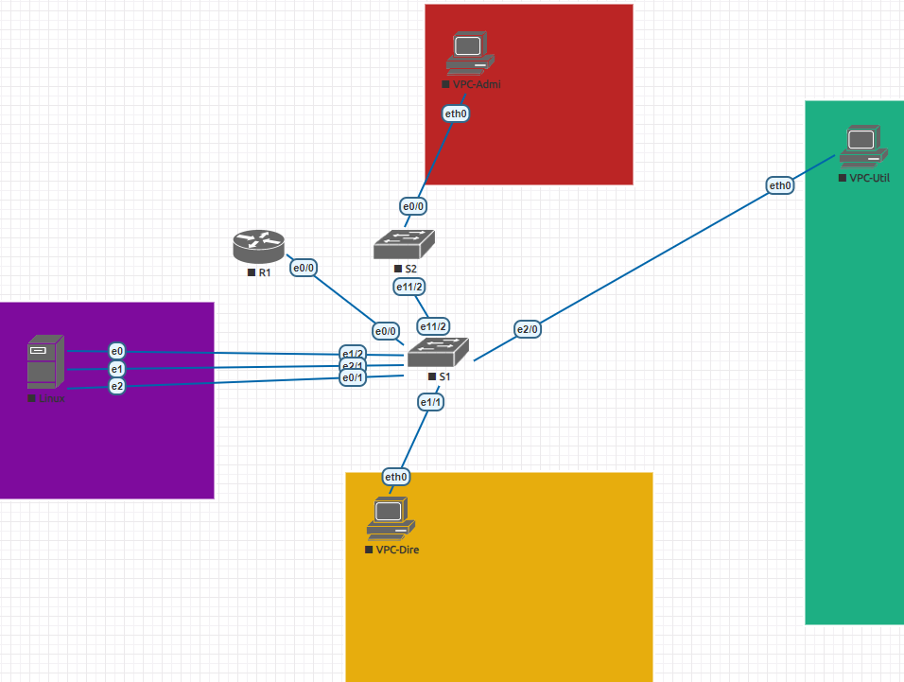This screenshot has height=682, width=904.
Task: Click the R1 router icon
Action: pos(258,247)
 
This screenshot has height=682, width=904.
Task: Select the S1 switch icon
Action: pos(438,354)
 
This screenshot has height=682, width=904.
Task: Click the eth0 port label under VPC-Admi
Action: pos(456,114)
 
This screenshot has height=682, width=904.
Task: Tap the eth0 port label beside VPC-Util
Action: pos(780,185)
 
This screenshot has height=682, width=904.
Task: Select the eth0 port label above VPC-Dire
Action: pos(395,476)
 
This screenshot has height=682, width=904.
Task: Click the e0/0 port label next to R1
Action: pos(303,268)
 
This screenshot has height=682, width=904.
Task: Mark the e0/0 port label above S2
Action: pos(412,205)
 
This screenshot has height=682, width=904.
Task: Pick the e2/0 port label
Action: pos(527,329)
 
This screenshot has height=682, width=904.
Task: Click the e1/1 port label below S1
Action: pos(431,402)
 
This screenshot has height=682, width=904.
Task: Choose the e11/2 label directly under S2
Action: pos(409,285)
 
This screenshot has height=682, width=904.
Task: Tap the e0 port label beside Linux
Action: pos(117,351)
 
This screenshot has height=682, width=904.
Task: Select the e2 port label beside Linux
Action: pos(117,386)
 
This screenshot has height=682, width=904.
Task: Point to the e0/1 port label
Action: pos(353,378)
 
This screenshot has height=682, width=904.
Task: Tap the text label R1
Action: pos(265,272)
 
